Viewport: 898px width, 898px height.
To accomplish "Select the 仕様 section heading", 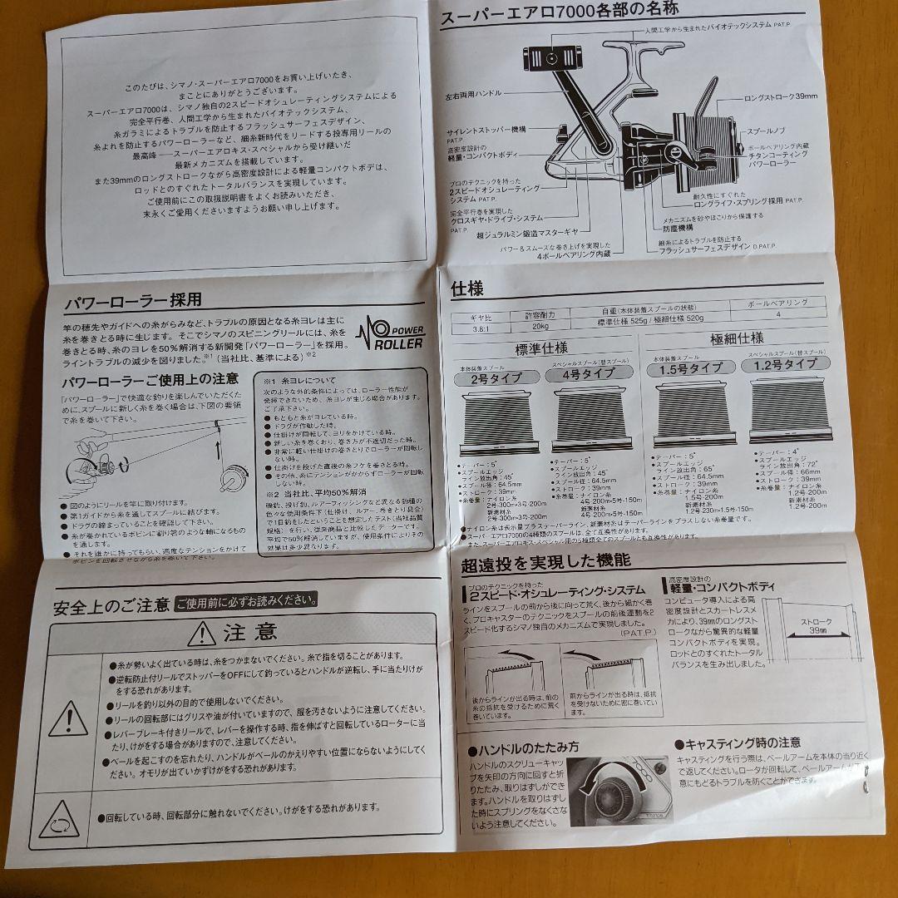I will [x=466, y=289].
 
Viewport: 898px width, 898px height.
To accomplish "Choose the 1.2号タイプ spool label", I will [x=785, y=363].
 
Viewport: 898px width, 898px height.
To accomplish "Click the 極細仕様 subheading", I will [x=737, y=338].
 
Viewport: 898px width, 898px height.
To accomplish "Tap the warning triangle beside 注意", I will [x=202, y=634].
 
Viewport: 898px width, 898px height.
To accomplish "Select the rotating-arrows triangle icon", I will [x=60, y=819].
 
